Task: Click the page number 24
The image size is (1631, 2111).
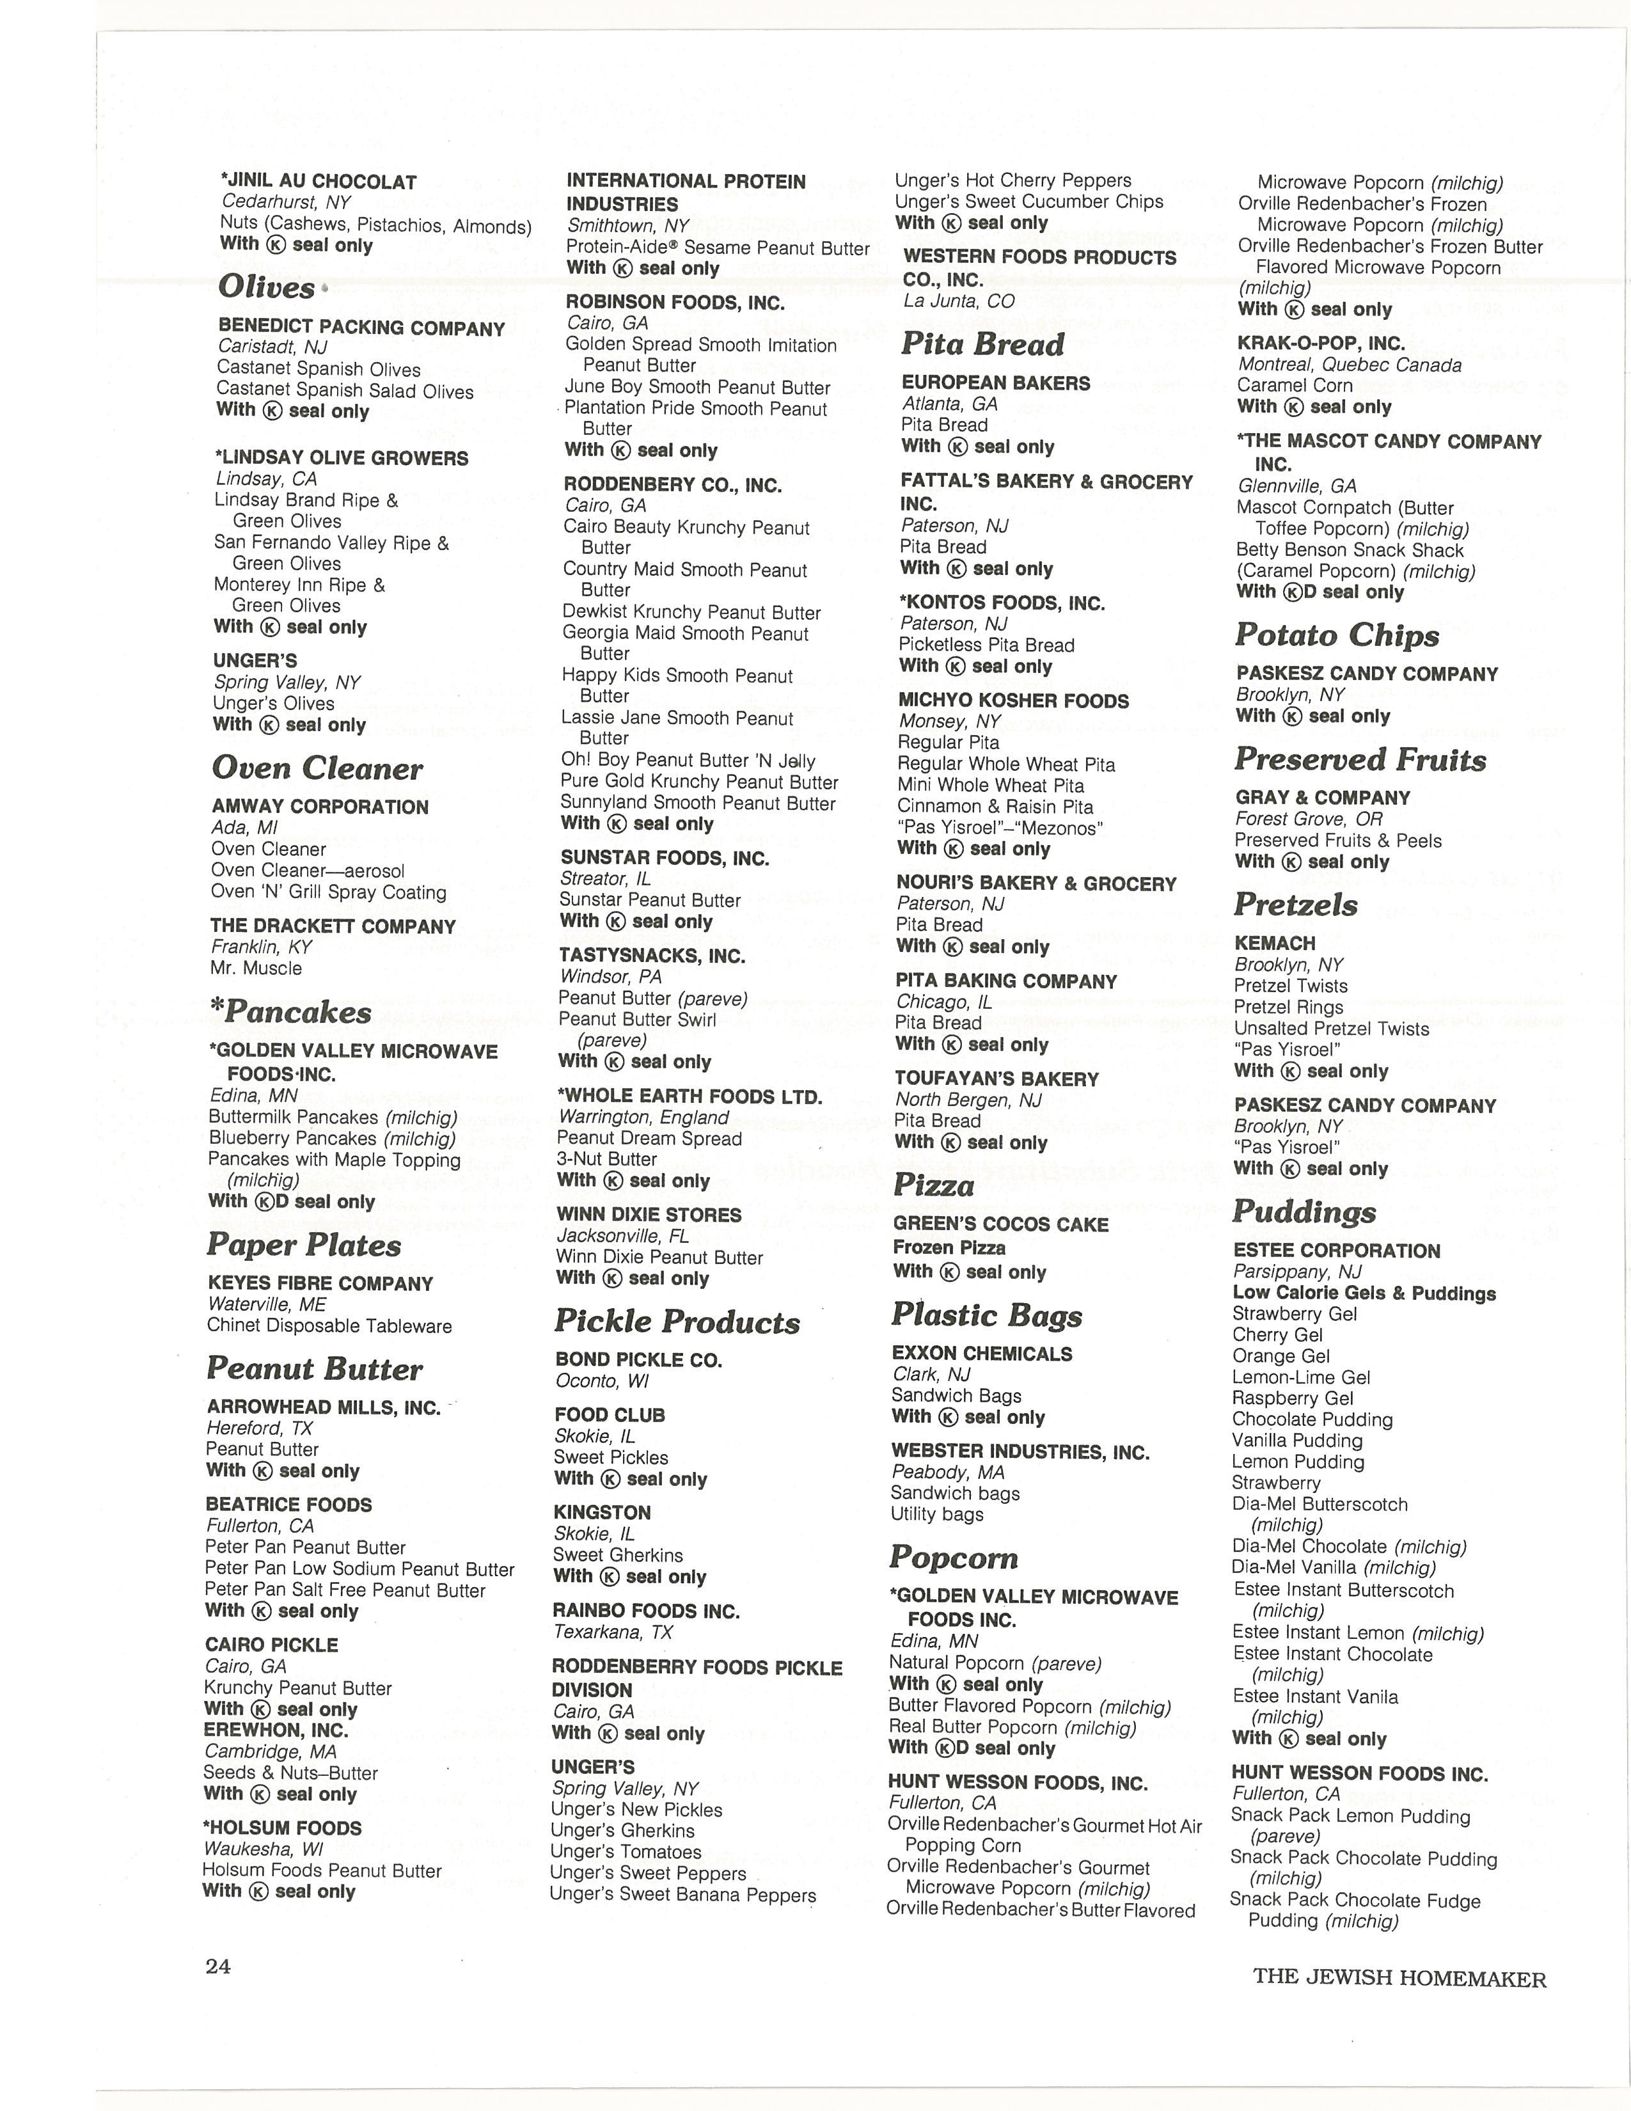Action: tap(218, 1966)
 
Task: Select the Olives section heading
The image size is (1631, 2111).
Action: tap(267, 287)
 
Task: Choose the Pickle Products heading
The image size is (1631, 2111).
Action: tap(677, 1322)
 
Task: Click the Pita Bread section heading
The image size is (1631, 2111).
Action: tap(982, 344)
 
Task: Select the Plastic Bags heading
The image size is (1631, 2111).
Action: tap(986, 1315)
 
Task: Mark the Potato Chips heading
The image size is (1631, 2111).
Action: tap(1337, 635)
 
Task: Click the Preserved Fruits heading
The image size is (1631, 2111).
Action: tap(1360, 760)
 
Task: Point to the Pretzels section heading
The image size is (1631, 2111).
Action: tap(1296, 905)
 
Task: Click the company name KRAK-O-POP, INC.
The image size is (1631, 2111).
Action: tap(1321, 343)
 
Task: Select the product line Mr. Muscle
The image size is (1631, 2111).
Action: tap(256, 969)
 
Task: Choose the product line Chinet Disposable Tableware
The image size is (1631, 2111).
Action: tap(329, 1326)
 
